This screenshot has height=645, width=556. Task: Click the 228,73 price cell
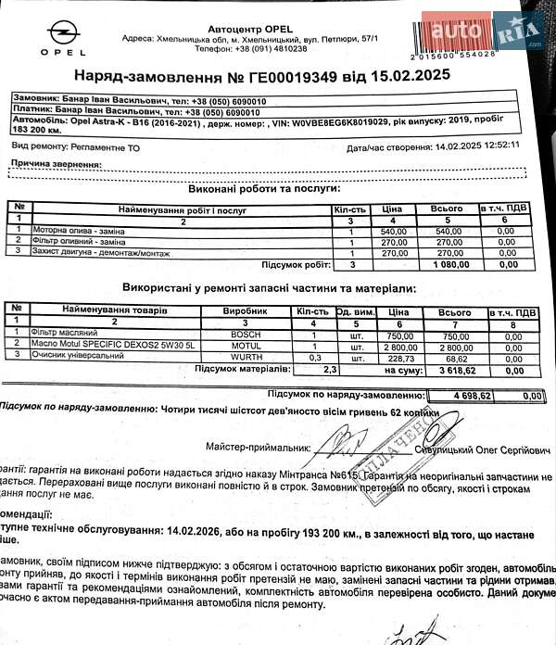(399, 356)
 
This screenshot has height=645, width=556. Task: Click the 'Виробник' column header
(252, 309)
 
